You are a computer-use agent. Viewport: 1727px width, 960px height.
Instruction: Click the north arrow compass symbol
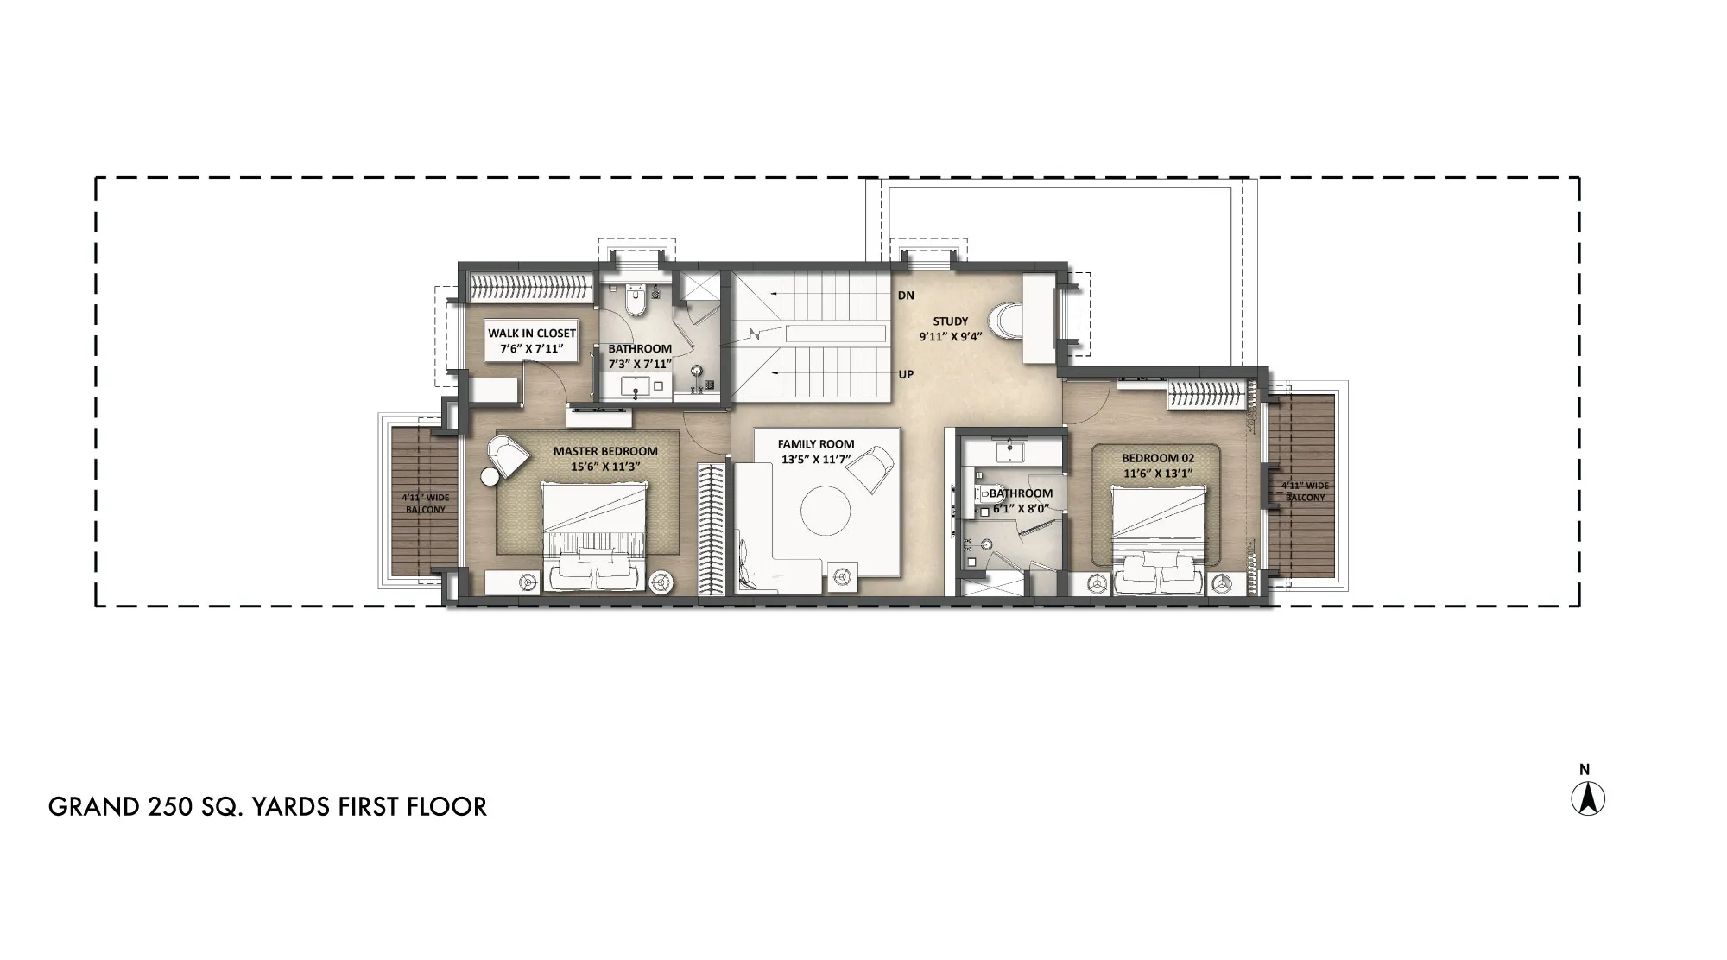1587,798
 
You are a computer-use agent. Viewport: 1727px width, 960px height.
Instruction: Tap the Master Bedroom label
605,451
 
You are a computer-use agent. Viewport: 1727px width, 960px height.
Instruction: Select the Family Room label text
815,444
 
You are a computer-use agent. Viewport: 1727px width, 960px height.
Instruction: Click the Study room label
950,321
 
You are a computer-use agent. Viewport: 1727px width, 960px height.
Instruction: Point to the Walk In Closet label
532,333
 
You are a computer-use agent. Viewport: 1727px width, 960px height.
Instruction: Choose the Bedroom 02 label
1157,458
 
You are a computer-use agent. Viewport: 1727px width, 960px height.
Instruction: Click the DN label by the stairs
906,296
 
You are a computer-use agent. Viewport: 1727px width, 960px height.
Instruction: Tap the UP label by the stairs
906,374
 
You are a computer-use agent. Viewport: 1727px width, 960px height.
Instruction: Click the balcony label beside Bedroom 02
1305,492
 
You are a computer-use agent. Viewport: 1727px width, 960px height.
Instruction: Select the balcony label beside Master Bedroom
426,504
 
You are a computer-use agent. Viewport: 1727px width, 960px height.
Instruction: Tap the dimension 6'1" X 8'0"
1021,509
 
